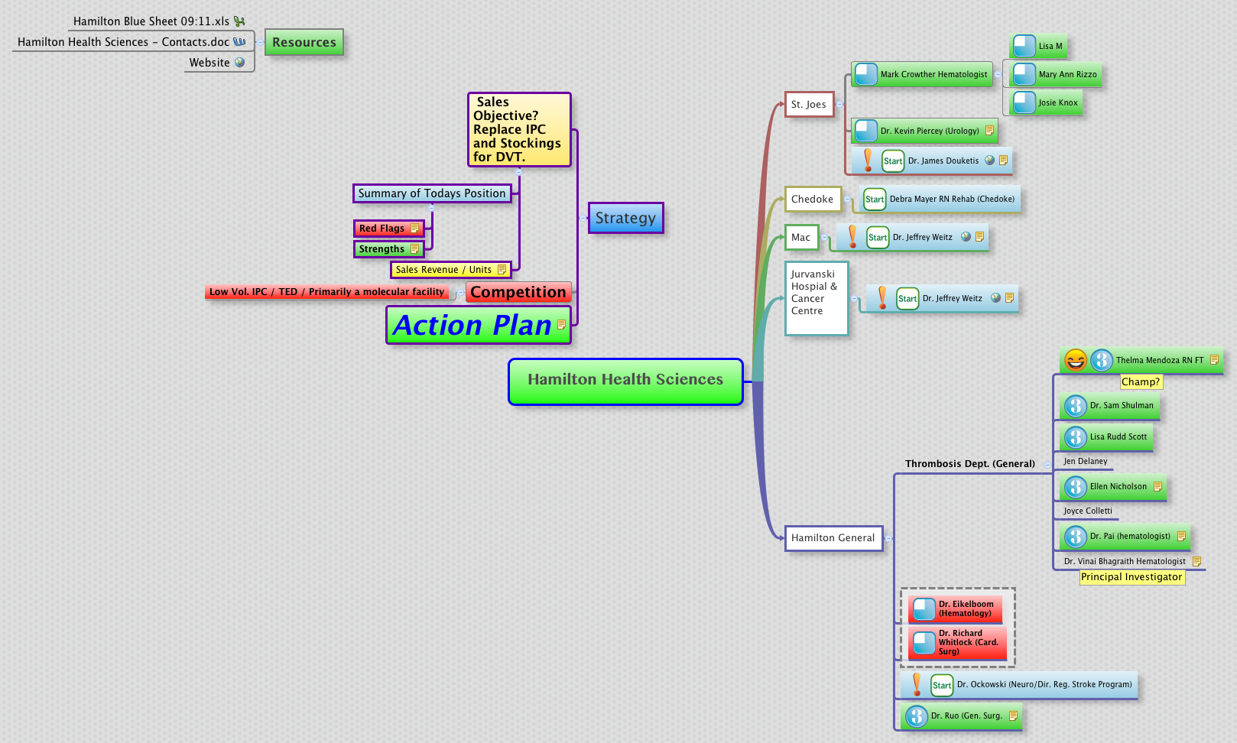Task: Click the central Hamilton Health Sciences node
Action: pos(625,381)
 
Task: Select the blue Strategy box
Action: pos(625,218)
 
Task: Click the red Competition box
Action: pos(518,292)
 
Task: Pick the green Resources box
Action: pos(304,43)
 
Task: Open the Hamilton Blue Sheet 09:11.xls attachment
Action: pos(151,21)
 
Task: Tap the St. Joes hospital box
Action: pos(808,105)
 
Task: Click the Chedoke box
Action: pos(812,200)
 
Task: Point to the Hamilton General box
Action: pos(833,538)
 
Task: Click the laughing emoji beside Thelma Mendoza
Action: pos(1076,360)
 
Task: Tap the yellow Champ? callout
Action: pos(1140,382)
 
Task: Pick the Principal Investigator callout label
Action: pos(1131,577)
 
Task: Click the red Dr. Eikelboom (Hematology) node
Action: pos(956,609)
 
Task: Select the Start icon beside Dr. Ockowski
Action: pos(942,685)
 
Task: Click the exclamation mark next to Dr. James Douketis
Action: pos(868,161)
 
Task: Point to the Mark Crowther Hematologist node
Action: pos(922,75)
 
